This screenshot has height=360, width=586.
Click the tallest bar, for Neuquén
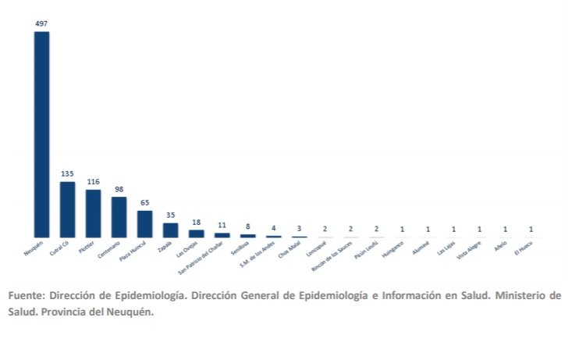pos(41,133)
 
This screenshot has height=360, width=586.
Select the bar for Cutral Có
pos(67,209)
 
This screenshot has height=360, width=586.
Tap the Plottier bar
pos(93,213)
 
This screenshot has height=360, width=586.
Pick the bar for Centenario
pos(119,217)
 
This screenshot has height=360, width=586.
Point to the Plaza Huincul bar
pos(144,223)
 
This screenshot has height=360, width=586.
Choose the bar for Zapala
pos(170,230)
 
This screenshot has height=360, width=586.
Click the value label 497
pos(41,23)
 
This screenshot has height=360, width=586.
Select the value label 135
pos(67,173)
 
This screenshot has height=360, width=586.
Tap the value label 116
pos(93,181)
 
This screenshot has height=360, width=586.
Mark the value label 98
pos(119,188)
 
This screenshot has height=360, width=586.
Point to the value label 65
pos(144,202)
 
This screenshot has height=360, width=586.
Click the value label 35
pos(170,215)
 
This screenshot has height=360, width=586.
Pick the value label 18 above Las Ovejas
pos(196,222)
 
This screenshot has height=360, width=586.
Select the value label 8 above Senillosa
pos(247,226)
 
